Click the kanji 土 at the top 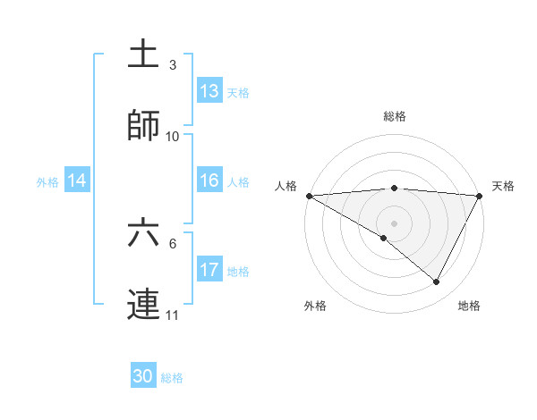click(x=143, y=54)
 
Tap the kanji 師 click(x=143, y=126)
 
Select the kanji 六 click(x=143, y=233)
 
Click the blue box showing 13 click(x=209, y=91)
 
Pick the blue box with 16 click(x=209, y=181)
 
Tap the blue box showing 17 click(x=209, y=270)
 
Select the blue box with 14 click(x=77, y=181)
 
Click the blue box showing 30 click(x=143, y=376)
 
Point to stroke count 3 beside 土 click(x=173, y=65)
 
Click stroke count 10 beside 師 click(x=173, y=137)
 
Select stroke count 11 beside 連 click(x=173, y=315)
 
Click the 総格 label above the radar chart click(x=395, y=116)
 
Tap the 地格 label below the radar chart click(x=469, y=306)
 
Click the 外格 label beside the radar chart click(x=315, y=306)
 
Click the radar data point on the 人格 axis click(x=309, y=196)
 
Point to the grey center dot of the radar click(x=395, y=223)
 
